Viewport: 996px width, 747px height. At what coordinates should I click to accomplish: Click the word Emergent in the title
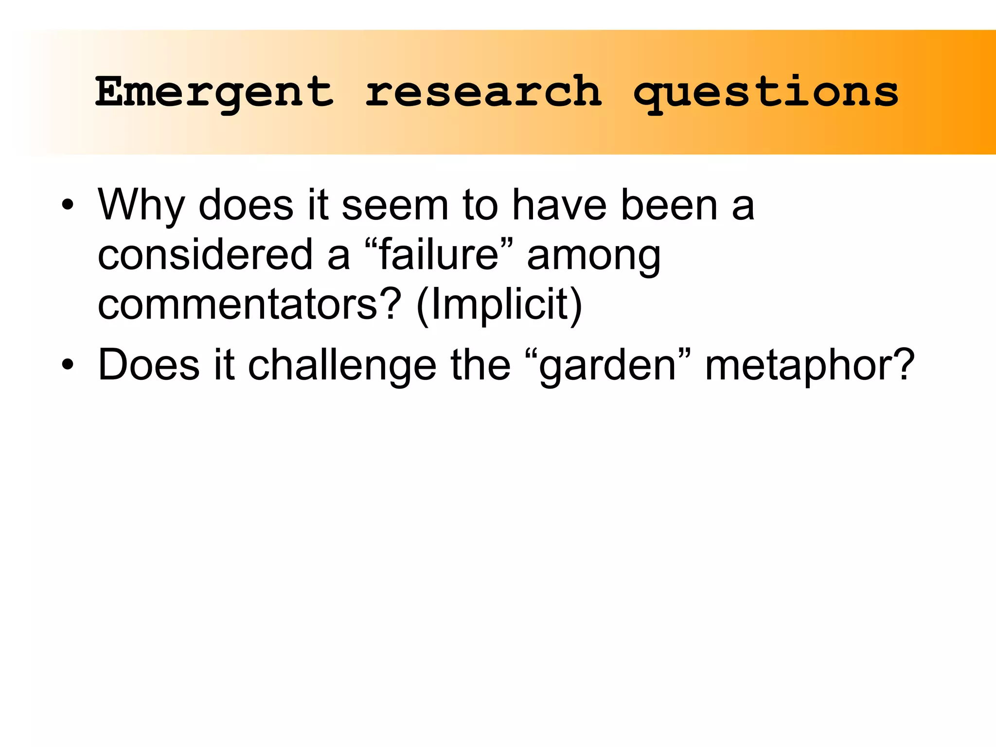coord(214,92)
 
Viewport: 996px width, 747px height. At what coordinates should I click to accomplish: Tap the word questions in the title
coord(766,92)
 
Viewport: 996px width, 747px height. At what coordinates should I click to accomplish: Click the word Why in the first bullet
coord(141,205)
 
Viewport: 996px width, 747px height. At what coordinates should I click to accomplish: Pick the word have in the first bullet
coord(560,205)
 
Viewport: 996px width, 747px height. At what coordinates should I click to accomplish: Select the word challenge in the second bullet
coord(342,366)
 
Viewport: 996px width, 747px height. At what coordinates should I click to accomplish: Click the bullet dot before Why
coord(68,205)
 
